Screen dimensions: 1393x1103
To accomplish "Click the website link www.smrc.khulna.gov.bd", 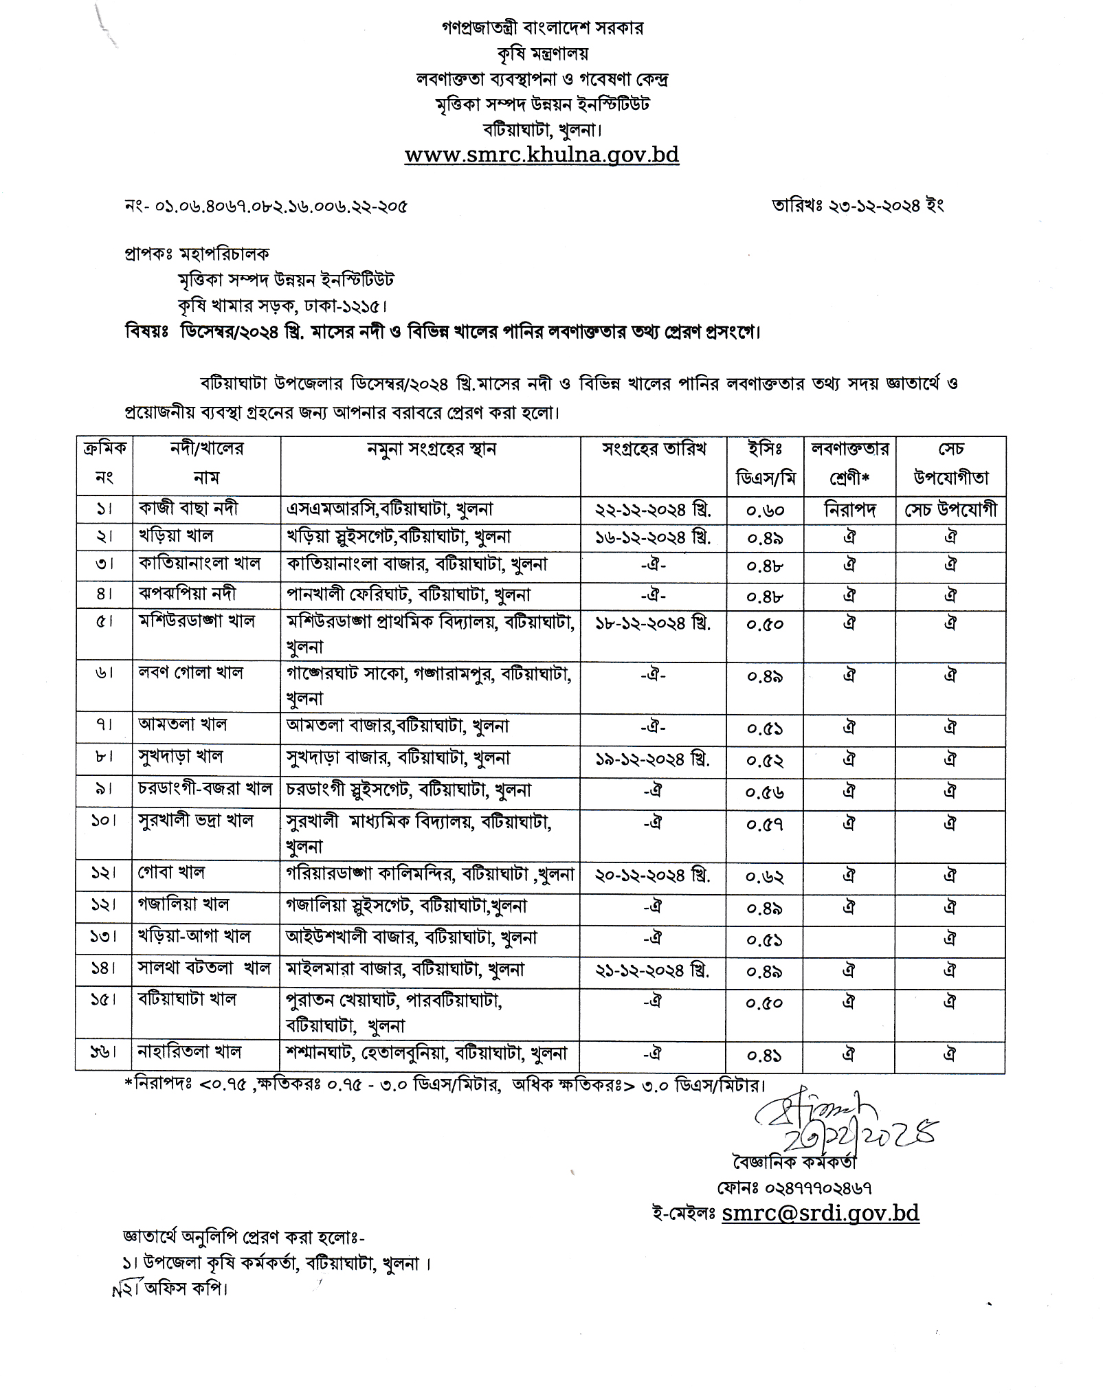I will (542, 155).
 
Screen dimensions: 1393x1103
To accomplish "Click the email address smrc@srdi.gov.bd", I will (820, 1213).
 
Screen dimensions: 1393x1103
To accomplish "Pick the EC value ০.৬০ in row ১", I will (766, 511).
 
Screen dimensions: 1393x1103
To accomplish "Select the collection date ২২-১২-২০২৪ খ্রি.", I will (652, 510).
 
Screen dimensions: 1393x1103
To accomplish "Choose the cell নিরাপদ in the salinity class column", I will (849, 510).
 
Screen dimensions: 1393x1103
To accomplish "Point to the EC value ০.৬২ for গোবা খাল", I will (766, 876).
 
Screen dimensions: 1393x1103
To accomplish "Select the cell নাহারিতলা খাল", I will (190, 1051).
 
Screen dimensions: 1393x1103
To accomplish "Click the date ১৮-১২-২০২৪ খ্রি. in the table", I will (652, 623).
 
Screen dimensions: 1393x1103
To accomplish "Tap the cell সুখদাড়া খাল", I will (181, 757).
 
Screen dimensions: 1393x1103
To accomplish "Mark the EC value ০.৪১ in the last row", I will (766, 1054).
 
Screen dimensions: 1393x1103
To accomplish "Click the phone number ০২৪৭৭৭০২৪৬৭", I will (794, 1188).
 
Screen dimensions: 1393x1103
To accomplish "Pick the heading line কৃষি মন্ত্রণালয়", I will (542, 54).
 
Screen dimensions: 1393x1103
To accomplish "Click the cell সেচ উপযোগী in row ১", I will (950, 510).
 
